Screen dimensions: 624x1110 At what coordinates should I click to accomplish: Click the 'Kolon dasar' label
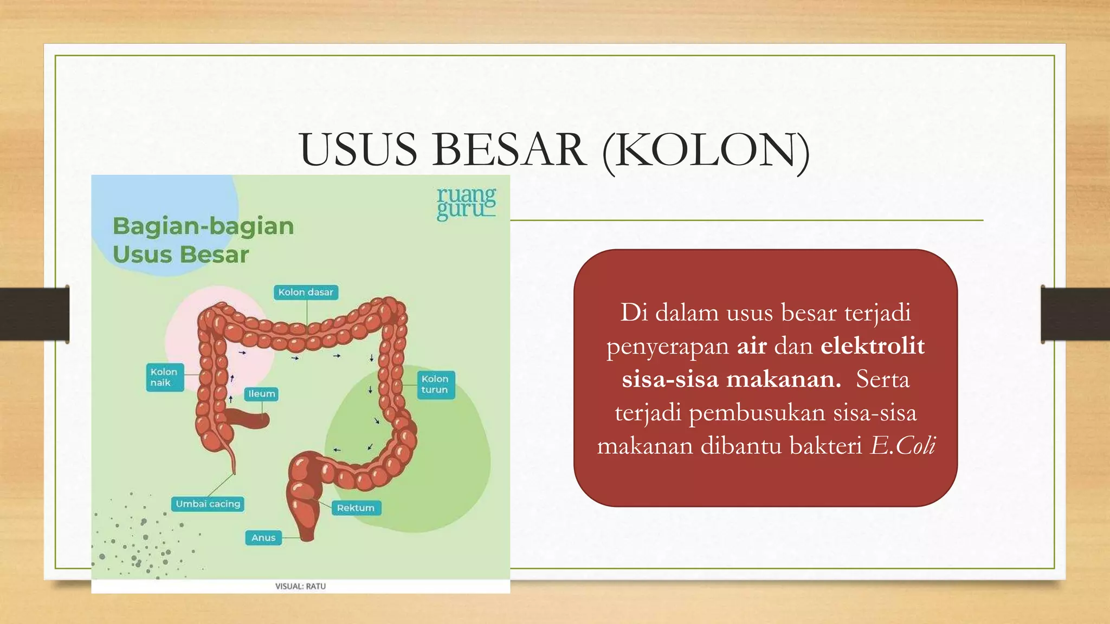306,292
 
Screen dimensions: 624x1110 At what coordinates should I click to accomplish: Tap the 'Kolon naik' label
164,377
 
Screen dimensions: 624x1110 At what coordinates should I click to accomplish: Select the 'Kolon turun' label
435,384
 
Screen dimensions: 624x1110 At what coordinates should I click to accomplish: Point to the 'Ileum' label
262,394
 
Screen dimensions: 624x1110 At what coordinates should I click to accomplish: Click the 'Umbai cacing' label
208,504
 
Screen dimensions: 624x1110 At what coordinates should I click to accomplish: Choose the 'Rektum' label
356,508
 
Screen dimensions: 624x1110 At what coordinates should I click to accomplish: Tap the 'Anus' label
263,538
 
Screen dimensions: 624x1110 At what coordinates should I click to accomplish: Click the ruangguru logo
466,203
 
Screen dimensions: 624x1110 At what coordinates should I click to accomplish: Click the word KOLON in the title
705,150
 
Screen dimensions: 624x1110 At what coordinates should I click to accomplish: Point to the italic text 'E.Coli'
903,446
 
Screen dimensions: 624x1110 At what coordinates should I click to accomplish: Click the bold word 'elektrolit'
872,346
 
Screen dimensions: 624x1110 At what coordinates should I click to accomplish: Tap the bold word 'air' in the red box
752,346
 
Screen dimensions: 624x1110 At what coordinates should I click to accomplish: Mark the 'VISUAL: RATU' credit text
300,586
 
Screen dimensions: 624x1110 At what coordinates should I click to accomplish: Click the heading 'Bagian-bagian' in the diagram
203,226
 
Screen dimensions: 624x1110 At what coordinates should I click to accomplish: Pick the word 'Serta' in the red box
882,379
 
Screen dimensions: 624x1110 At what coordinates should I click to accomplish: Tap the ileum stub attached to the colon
247,418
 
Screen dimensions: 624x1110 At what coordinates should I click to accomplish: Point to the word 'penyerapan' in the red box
668,346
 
